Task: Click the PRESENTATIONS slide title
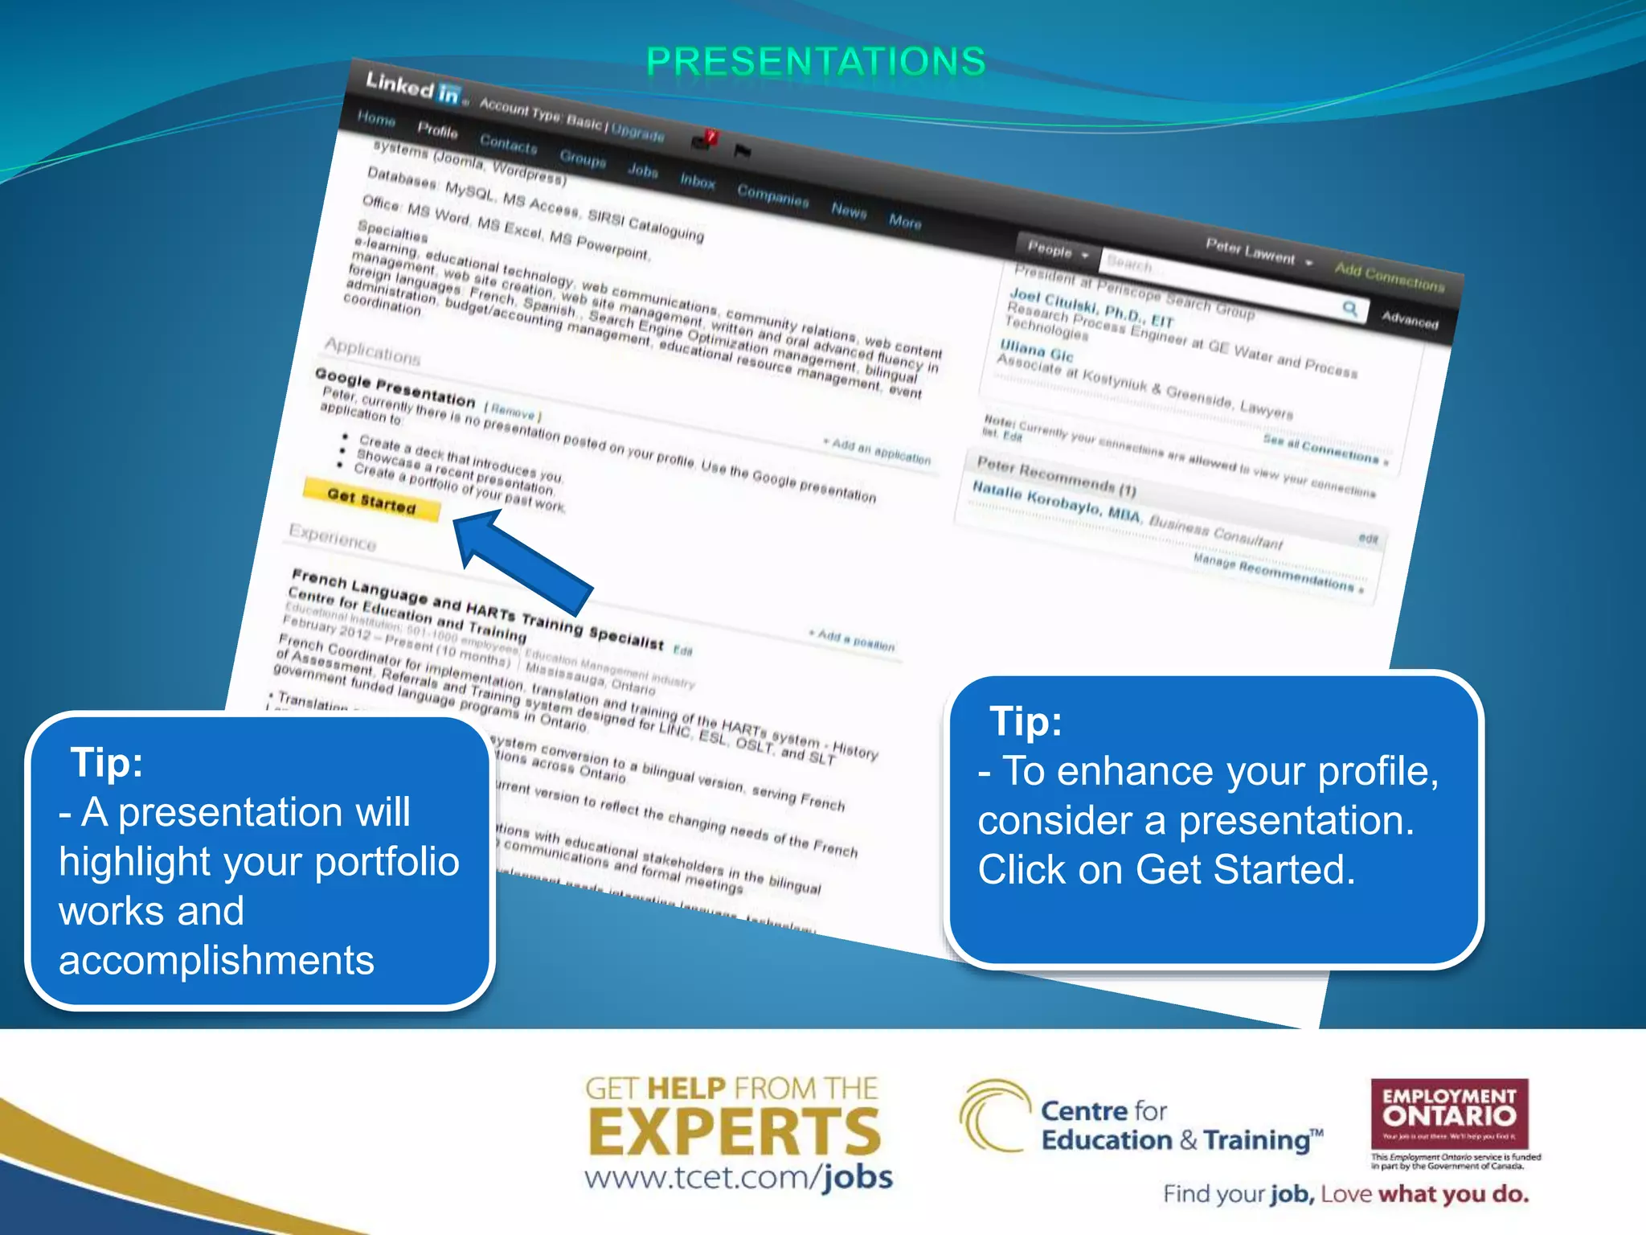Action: (816, 62)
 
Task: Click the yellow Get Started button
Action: (371, 500)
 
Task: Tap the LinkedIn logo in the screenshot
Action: (412, 88)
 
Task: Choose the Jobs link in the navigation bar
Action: (642, 170)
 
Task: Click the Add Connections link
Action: (1389, 277)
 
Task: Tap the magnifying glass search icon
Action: (1350, 308)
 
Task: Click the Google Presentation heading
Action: (395, 387)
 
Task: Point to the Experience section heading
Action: (332, 536)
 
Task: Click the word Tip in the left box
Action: (106, 761)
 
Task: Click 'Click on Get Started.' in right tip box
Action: (1166, 870)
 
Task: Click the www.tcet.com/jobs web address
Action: (738, 1178)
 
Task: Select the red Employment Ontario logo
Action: (1449, 1114)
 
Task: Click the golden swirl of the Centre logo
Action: (993, 1115)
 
